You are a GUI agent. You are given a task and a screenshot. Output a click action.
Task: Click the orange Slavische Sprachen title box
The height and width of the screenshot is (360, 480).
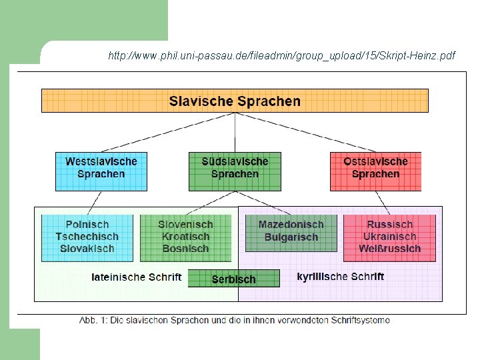pyautogui.click(x=235, y=101)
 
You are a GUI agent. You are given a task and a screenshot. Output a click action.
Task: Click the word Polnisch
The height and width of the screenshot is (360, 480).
pyautogui.click(x=87, y=225)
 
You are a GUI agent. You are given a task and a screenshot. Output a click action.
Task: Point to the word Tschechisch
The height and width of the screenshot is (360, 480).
pyautogui.click(x=87, y=237)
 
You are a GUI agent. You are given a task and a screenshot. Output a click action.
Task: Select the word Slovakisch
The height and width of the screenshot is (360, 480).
pyautogui.click(x=87, y=249)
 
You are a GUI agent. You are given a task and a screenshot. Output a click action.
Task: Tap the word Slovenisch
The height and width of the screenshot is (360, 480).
pyautogui.click(x=185, y=225)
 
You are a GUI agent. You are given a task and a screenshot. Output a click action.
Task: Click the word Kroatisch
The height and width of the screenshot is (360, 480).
pyautogui.click(x=185, y=237)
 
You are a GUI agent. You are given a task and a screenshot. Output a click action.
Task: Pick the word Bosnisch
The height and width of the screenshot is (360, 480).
pyautogui.click(x=185, y=249)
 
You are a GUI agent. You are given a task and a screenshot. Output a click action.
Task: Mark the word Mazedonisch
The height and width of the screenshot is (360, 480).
pyautogui.click(x=291, y=225)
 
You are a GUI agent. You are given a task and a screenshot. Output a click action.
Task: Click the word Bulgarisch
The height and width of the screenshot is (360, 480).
pyautogui.click(x=291, y=237)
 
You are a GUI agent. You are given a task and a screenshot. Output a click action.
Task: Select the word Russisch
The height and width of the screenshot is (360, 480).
pyautogui.click(x=389, y=225)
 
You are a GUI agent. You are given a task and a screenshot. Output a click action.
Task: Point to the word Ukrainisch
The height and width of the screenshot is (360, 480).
pyautogui.click(x=389, y=237)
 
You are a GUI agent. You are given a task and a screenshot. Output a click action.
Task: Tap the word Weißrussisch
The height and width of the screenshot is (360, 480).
pyautogui.click(x=389, y=249)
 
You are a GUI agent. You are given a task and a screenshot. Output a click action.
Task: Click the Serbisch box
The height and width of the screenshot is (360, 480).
pyautogui.click(x=233, y=279)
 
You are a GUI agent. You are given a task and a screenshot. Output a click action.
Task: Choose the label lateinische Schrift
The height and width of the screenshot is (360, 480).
pyautogui.click(x=136, y=277)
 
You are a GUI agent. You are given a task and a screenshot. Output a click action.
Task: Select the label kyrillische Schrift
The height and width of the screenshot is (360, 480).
pyautogui.click(x=340, y=276)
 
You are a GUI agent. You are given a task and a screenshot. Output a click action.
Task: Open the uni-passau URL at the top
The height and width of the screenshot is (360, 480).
pyautogui.click(x=281, y=56)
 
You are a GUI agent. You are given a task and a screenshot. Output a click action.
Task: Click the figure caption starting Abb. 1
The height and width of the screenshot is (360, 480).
pyautogui.click(x=235, y=320)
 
